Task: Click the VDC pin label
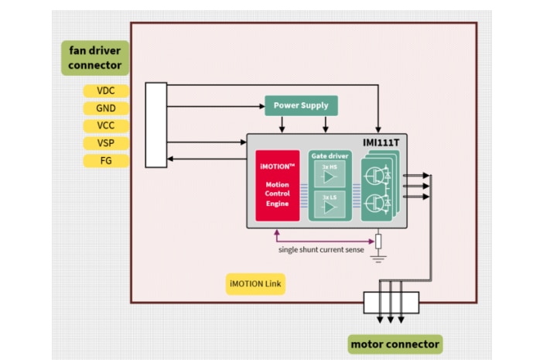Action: tap(105, 91)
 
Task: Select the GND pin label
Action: tap(105, 108)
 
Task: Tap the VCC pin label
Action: tap(105, 126)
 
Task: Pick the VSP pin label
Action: tap(105, 143)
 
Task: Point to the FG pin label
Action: tap(105, 161)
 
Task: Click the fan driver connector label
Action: tap(95, 58)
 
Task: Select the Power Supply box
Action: tap(301, 106)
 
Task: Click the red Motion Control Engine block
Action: tap(278, 186)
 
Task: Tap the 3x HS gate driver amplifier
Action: tap(329, 176)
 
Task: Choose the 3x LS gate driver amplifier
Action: tap(329, 206)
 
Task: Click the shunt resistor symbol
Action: tap(377, 241)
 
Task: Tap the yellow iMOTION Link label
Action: tap(256, 284)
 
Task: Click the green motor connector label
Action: tap(395, 344)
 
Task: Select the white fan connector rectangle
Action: tap(155, 125)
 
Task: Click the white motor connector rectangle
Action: tap(391, 302)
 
